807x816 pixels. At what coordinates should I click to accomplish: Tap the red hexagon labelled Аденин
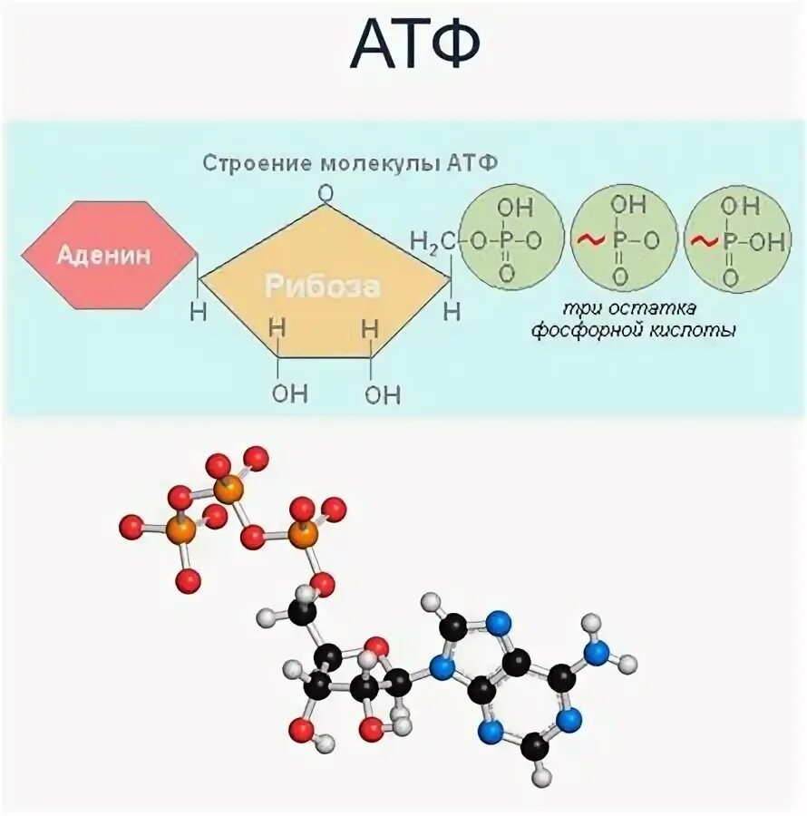tap(108, 255)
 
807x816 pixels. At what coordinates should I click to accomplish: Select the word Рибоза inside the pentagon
tap(322, 287)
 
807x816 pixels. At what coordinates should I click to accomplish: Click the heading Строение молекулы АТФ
tap(350, 164)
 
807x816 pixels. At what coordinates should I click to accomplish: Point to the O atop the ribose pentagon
tap(326, 193)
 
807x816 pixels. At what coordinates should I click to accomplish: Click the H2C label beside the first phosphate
tap(433, 241)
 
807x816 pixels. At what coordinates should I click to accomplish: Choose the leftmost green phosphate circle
tap(509, 239)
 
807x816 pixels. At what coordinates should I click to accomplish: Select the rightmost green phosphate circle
tap(732, 239)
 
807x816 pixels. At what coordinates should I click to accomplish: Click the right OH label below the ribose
tap(383, 394)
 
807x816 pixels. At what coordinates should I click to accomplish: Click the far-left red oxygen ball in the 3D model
tap(131, 526)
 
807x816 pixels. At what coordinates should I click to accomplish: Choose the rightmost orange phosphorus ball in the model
tap(305, 534)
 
